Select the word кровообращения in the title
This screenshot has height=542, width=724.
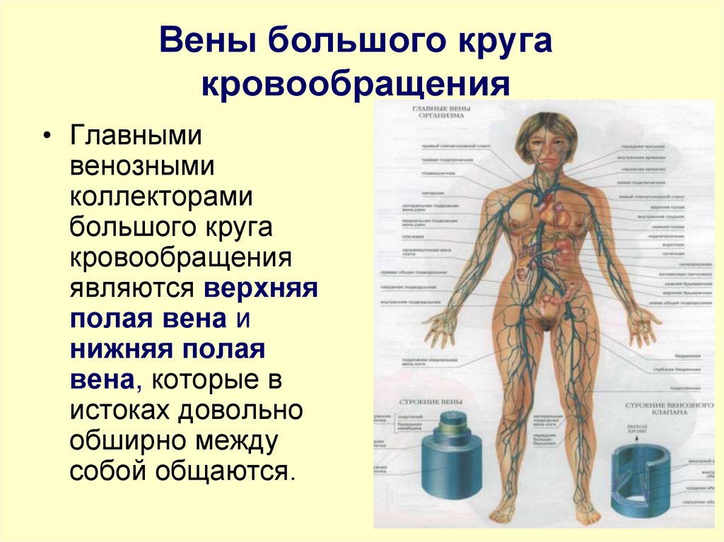point(356,85)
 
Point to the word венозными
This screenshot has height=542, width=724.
point(142,167)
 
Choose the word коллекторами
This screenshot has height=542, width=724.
point(161,197)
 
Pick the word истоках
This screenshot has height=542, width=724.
point(118,409)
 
